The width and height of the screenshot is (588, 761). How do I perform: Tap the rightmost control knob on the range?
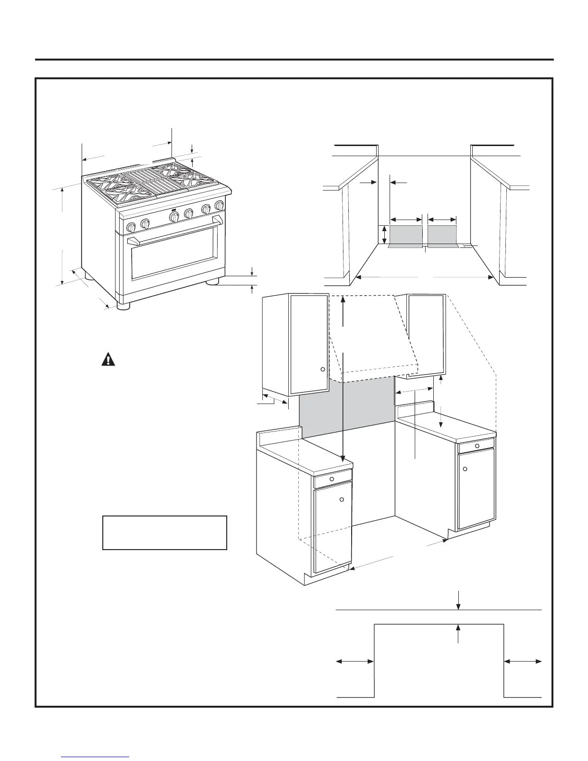click(220, 205)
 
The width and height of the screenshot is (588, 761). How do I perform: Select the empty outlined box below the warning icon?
click(164, 532)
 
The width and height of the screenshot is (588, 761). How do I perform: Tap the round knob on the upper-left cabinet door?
click(323, 369)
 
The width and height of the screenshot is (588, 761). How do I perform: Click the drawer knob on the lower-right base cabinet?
click(477, 445)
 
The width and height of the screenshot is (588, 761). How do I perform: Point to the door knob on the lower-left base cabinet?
click(342, 500)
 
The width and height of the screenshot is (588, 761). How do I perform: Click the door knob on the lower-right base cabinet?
click(465, 468)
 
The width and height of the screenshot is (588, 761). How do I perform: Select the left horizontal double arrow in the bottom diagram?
click(355, 662)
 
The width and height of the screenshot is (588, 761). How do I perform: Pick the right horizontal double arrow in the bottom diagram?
click(523, 662)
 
